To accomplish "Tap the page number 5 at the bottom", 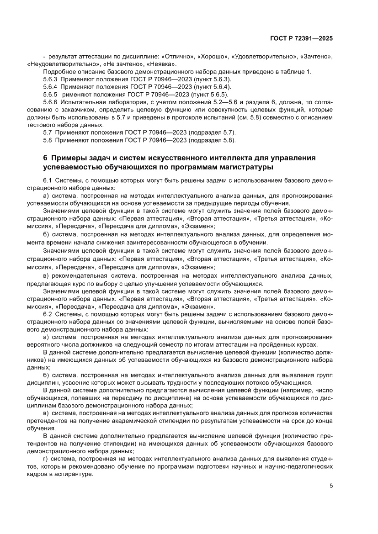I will coord(331,486).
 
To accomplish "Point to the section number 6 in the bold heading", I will coord(45,158).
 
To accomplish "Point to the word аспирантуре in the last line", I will coord(74,475).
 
